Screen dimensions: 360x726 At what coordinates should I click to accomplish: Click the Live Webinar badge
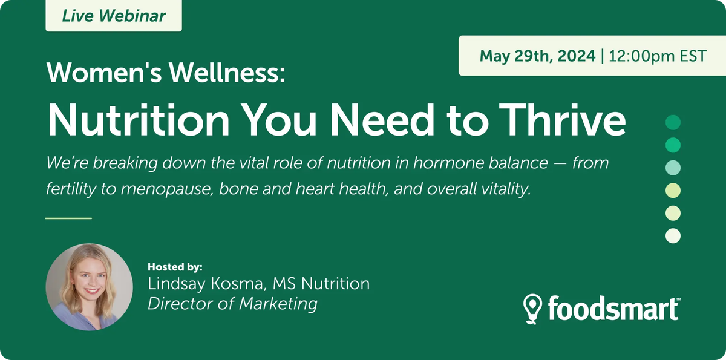pyautogui.click(x=114, y=16)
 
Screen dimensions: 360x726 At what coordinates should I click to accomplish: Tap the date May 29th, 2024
pyautogui.click(x=537, y=56)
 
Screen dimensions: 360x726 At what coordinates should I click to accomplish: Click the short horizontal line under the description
pyautogui.click(x=68, y=218)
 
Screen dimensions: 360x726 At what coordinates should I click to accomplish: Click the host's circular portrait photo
pyautogui.click(x=90, y=287)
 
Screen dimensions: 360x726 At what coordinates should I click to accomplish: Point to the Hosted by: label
pyautogui.click(x=175, y=266)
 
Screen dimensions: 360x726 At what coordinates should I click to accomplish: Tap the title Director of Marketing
pyautogui.click(x=232, y=303)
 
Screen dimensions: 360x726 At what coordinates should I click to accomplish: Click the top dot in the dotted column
pyautogui.click(x=673, y=123)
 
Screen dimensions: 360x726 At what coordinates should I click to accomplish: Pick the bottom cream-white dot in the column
pyautogui.click(x=673, y=235)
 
